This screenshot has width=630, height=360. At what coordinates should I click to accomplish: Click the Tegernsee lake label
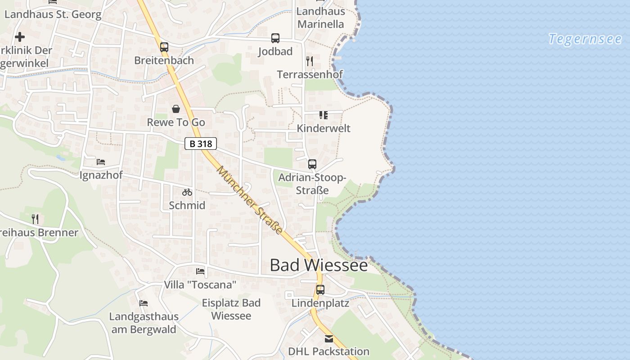point(585,39)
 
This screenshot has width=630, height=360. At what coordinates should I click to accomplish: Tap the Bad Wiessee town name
point(319,265)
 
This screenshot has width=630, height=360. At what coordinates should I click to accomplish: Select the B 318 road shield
point(201,144)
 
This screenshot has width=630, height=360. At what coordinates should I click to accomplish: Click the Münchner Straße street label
point(250,200)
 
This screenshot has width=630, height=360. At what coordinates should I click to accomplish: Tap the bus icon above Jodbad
point(275,38)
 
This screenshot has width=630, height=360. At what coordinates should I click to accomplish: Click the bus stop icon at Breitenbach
point(164,47)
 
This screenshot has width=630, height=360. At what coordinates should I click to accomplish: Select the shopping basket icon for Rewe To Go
point(176,109)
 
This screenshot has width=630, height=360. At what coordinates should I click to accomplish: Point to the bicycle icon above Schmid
point(187,192)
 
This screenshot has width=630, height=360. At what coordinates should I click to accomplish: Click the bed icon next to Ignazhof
point(101,162)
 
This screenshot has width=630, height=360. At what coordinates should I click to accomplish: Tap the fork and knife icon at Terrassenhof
point(310,61)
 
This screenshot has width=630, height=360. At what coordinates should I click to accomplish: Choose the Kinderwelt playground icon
point(323,115)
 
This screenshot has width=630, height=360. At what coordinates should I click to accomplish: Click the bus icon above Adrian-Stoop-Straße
point(312,164)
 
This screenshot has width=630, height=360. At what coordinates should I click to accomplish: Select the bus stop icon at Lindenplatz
point(320,290)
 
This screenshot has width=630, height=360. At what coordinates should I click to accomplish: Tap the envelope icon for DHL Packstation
point(329,338)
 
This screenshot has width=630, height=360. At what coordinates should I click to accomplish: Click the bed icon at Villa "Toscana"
point(200,271)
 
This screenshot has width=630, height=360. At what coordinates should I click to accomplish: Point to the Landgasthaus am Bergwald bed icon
point(144,303)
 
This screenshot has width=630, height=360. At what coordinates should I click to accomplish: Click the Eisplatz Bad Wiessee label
point(231,309)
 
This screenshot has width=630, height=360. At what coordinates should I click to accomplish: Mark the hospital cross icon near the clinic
point(20,37)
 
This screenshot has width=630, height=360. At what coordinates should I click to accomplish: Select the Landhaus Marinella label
point(321,18)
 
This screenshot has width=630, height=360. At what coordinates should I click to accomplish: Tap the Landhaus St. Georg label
point(53,14)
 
